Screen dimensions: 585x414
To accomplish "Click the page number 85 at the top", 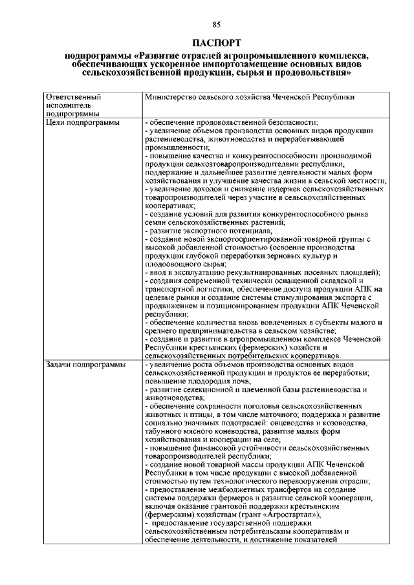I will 216,25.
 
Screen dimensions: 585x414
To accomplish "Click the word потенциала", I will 248,230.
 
